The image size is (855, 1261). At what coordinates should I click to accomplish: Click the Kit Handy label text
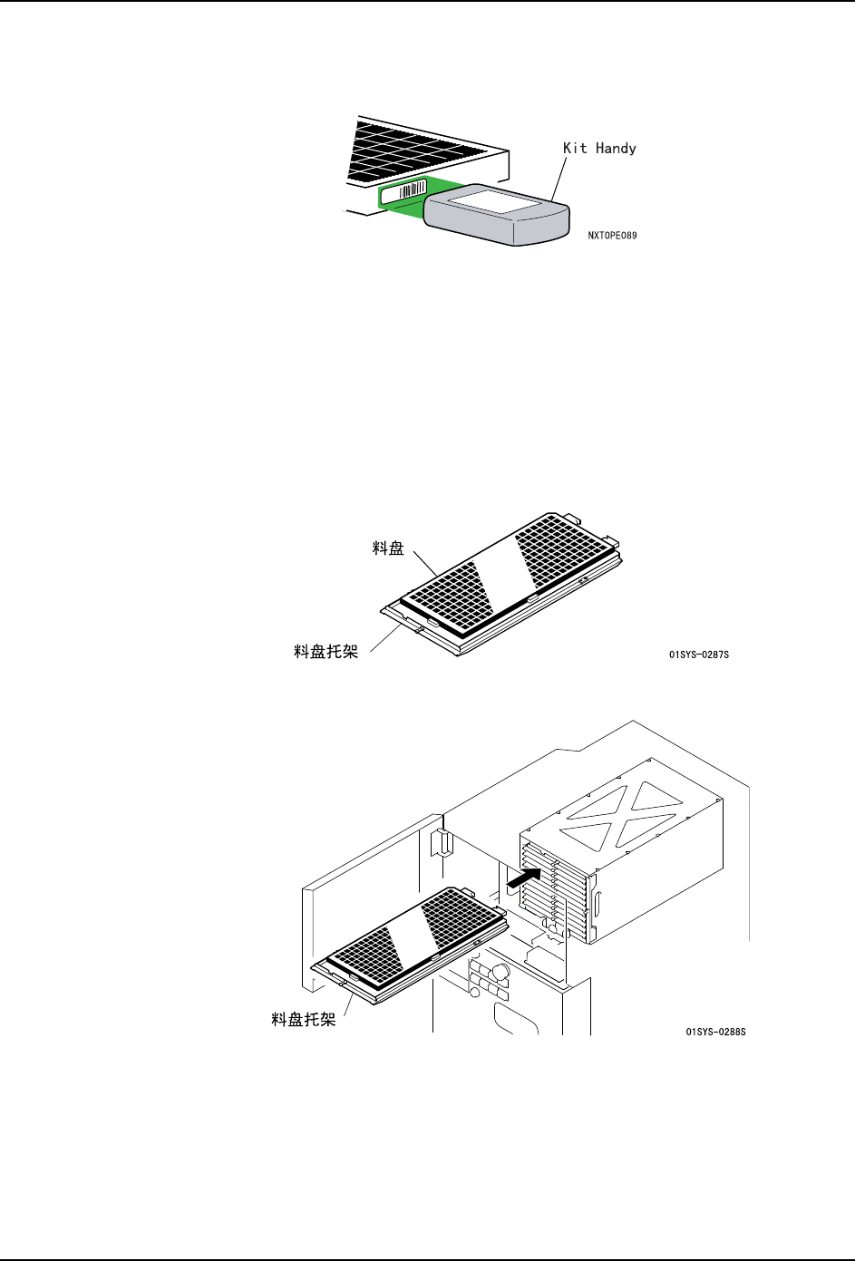point(599,148)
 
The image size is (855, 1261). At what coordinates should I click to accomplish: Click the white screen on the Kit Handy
point(494,198)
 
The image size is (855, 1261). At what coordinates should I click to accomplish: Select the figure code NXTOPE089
point(612,236)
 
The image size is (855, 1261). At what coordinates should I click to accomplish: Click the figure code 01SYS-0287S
point(698,655)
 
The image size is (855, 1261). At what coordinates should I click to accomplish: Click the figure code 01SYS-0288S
point(715,1032)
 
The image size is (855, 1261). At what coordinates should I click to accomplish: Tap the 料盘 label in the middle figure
point(388,548)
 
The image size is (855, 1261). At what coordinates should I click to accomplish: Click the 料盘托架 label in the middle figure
point(325,651)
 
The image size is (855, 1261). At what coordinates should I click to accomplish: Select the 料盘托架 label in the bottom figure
point(304,1019)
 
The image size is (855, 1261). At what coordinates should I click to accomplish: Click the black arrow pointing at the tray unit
point(523,878)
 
